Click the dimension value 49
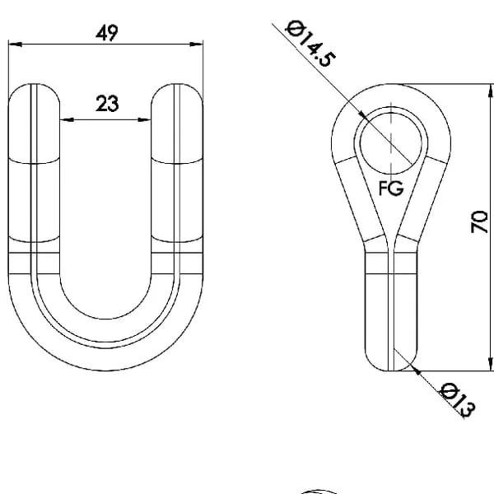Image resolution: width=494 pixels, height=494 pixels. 107,33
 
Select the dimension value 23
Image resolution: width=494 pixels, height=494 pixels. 107,104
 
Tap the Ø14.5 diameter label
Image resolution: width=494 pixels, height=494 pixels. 310,44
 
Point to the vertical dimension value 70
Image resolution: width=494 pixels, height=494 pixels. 479,221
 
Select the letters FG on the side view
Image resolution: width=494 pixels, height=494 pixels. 391,189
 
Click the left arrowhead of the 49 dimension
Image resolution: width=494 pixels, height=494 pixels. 15,44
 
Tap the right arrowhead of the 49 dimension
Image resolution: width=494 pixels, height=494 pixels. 197,44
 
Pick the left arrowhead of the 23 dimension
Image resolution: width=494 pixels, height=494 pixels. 67,119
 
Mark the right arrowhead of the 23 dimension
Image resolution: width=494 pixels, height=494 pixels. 145,119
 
